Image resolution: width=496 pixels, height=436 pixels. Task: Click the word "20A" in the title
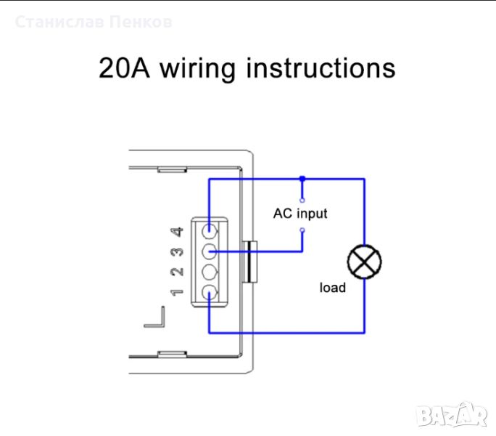tap(125, 68)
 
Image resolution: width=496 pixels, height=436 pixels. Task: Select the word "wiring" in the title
tap(198, 70)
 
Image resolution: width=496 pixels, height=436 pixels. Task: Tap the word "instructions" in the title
tap(321, 68)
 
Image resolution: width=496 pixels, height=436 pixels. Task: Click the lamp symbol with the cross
tap(365, 262)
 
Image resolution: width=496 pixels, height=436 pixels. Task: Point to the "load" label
tap(333, 288)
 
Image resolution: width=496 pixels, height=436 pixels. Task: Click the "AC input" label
tap(300, 214)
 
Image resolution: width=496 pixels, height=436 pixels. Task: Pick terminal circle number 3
tap(209, 252)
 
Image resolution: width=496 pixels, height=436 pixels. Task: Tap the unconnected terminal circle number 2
tap(209, 272)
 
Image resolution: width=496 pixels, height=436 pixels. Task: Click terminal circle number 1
tap(209, 292)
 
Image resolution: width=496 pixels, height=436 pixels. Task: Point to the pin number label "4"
tap(176, 233)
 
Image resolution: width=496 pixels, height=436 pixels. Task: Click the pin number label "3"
tap(176, 253)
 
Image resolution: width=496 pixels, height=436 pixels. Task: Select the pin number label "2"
tap(176, 272)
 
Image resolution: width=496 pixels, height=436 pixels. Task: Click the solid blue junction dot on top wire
tap(302, 178)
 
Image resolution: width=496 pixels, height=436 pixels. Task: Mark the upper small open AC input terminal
tap(302, 198)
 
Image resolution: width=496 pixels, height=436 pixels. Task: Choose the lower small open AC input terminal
tap(302, 230)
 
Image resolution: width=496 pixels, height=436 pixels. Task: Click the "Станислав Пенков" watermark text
tap(94, 23)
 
